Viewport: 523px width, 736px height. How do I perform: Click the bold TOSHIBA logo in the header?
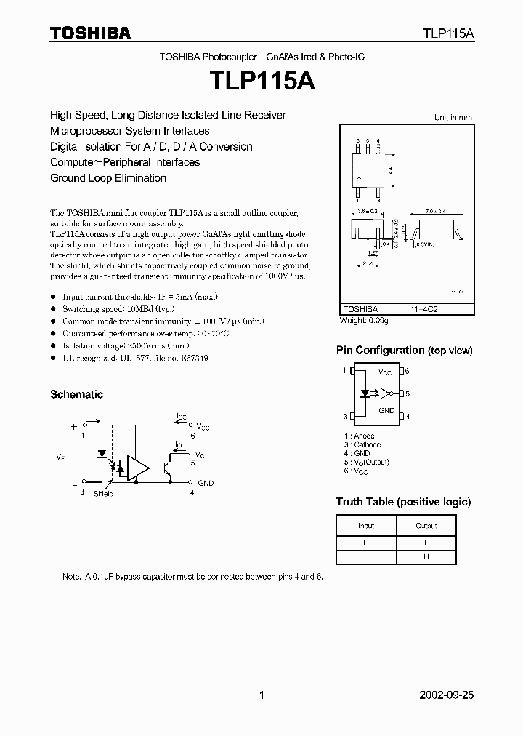tap(90, 33)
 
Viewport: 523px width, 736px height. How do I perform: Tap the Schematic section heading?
tap(76, 394)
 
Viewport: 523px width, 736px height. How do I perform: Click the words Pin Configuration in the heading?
tap(380, 351)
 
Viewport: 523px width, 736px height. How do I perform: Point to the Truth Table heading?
tap(403, 502)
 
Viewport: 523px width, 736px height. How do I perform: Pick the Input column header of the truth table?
tap(366, 526)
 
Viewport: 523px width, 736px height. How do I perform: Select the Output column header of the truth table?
tap(426, 526)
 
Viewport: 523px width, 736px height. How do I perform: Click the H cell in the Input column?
tap(366, 543)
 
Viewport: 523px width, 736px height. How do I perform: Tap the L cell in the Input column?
tap(366, 556)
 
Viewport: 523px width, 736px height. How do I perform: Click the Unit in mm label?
tap(453, 117)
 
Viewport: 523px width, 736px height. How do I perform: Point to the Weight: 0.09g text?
tap(365, 320)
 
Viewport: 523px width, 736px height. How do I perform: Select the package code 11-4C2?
tap(424, 308)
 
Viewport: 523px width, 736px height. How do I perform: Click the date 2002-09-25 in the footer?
tap(447, 695)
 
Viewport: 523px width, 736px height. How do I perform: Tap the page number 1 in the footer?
tap(261, 695)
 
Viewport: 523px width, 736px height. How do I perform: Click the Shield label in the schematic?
tap(103, 494)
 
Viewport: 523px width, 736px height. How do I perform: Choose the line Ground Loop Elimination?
tap(108, 178)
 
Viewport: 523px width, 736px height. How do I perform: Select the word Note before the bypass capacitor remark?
tap(71, 577)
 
